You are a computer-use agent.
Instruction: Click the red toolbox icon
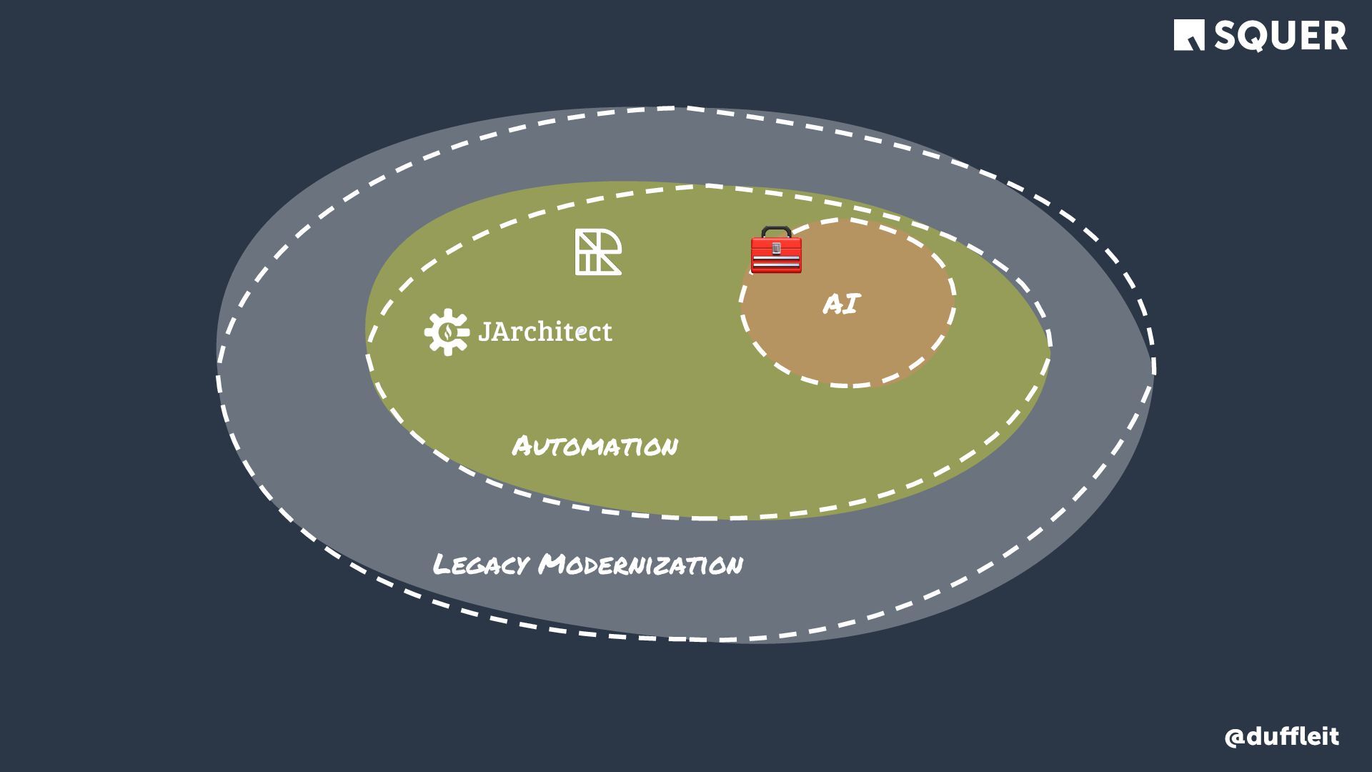click(776, 251)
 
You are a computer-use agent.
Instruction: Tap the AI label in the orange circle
click(841, 305)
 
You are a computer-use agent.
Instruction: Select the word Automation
click(595, 447)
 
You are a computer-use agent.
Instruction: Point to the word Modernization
click(640, 565)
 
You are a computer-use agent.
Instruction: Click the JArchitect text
click(545, 331)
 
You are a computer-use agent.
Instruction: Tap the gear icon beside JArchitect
click(447, 332)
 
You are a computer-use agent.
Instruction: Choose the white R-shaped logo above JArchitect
click(598, 252)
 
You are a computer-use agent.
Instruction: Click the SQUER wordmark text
click(1281, 36)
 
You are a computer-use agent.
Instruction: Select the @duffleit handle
click(1281, 737)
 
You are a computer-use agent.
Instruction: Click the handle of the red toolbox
click(776, 231)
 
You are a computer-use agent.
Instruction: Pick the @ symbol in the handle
click(1235, 738)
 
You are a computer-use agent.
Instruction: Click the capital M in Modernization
click(554, 565)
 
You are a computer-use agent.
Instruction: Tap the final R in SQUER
click(1333, 36)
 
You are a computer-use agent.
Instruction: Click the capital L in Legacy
click(442, 565)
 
